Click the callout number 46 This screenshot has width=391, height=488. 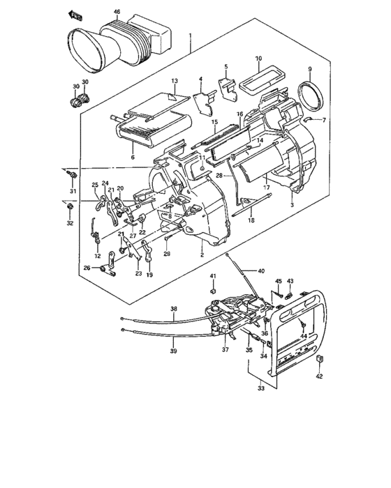[x=117, y=12]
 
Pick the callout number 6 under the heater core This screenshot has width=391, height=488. [x=132, y=158]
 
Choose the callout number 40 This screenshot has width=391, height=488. [x=261, y=270]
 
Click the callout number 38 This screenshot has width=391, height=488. [x=174, y=309]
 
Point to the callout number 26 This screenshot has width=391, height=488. [x=87, y=267]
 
